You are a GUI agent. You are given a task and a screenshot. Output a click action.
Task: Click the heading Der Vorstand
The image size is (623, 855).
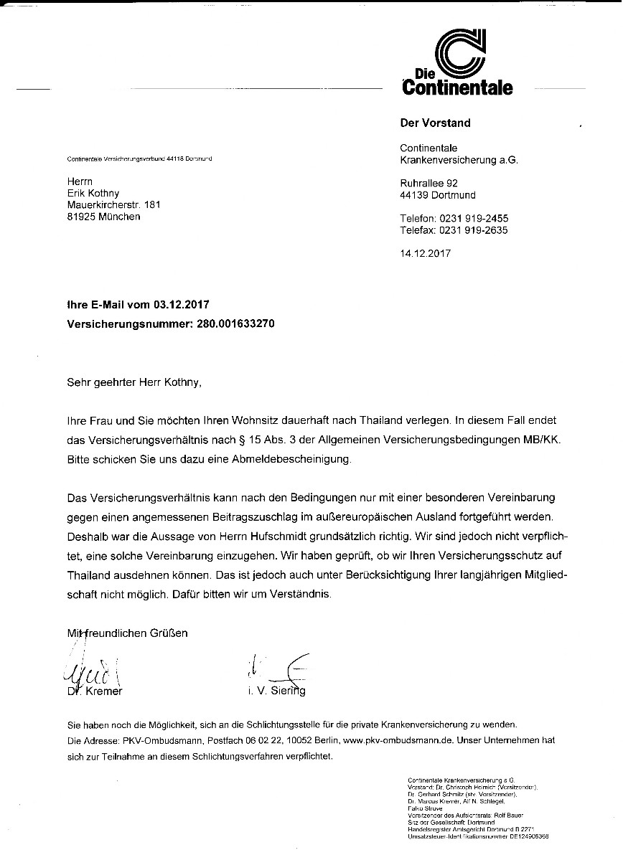click(435, 123)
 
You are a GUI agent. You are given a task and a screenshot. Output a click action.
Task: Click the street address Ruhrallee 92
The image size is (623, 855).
click(428, 183)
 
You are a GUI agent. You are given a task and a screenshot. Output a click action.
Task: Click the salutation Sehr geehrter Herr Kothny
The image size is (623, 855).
click(134, 382)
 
